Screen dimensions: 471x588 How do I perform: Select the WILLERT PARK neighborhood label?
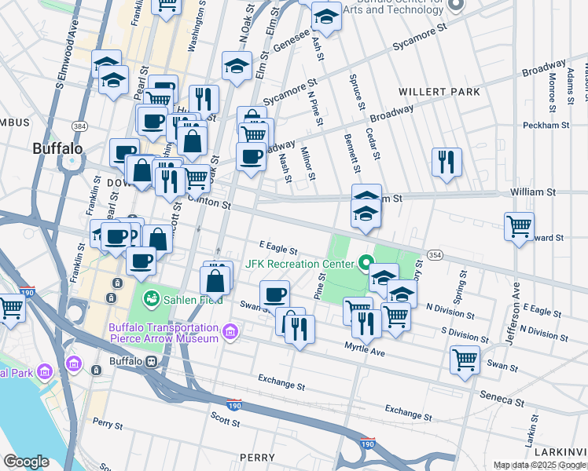(x=439, y=92)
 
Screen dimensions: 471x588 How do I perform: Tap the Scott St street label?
(x=225, y=421)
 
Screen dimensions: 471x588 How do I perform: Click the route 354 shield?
(x=435, y=255)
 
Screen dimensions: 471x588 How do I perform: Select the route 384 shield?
(x=79, y=126)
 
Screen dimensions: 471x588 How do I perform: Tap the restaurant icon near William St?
(x=447, y=162)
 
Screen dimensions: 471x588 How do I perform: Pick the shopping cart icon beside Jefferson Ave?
(x=519, y=226)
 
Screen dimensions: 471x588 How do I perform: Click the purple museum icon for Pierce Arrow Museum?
(x=229, y=333)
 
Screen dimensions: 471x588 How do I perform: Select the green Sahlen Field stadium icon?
(x=150, y=298)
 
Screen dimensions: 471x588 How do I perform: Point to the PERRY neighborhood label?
(x=257, y=457)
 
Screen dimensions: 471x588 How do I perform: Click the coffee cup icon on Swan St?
(x=274, y=294)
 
